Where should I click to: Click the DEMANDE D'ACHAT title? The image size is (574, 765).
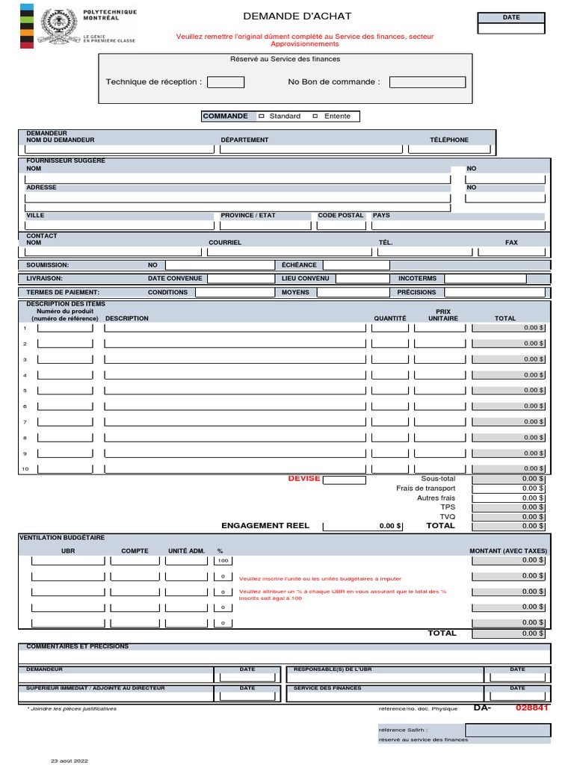297,16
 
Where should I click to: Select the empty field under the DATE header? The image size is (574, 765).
511,29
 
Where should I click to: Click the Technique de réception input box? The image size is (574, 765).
225,82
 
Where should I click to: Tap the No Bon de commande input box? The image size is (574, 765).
428,82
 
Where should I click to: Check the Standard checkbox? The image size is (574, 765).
262,116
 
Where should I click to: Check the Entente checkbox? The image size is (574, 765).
315,116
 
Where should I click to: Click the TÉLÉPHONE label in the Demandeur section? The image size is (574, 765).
448,140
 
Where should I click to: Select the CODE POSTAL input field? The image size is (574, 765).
341,225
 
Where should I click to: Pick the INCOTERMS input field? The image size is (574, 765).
484,279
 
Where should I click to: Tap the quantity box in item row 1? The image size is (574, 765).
390,328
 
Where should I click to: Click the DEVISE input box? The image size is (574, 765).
343,480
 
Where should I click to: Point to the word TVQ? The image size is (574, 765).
447,516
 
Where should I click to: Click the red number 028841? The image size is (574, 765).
531,707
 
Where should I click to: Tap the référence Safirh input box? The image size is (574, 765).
507,730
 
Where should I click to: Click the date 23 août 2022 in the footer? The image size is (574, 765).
70,761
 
